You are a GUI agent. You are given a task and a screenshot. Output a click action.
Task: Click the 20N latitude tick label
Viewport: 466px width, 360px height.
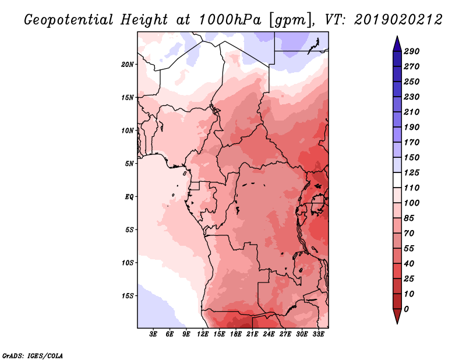click(128, 65)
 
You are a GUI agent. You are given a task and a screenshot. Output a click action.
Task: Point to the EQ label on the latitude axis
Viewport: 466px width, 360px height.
click(129, 197)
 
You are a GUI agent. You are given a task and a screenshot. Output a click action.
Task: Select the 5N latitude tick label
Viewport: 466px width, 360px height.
click(129, 164)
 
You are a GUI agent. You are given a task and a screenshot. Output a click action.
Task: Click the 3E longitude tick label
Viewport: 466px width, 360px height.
click(153, 334)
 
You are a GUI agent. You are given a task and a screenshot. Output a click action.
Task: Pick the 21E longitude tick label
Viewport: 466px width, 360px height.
click(252, 334)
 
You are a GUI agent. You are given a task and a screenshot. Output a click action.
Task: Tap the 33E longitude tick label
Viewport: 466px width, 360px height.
click(318, 334)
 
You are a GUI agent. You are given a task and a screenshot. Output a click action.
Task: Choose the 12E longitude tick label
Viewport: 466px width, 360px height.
click(202, 334)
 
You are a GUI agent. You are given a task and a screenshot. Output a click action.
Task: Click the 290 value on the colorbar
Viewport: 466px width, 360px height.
click(411, 51)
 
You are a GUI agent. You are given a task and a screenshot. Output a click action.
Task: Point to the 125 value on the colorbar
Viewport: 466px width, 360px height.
click(411, 172)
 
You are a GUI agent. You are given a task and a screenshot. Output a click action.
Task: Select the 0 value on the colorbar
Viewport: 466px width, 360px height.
click(406, 309)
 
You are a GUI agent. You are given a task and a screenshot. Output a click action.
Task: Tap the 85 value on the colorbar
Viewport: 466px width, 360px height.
click(409, 218)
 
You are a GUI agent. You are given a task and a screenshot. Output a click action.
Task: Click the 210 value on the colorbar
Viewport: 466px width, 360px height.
click(411, 112)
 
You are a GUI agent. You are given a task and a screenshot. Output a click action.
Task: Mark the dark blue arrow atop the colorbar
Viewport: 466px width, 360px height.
click(397, 44)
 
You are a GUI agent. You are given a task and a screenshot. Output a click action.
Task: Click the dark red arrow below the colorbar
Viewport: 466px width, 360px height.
click(397, 316)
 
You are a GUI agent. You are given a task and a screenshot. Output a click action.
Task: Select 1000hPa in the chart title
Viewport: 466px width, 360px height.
click(230, 20)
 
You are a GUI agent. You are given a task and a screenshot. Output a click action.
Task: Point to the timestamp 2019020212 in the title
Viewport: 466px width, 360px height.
click(398, 20)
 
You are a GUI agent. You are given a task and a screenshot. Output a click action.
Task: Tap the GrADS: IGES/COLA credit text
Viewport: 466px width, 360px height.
click(33, 356)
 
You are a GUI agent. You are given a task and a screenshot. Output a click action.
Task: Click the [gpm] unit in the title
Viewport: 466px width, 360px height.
click(291, 20)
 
